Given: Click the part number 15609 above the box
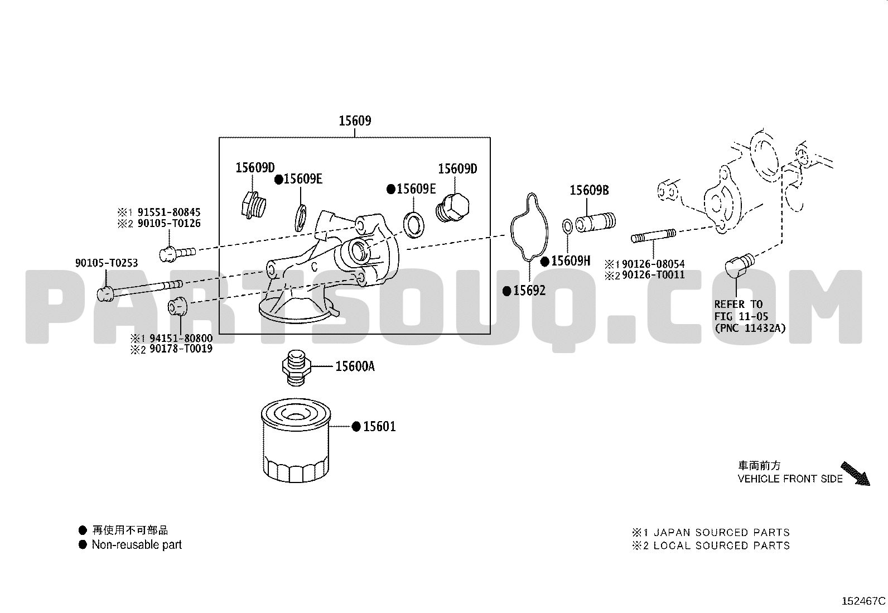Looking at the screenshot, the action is [355, 120].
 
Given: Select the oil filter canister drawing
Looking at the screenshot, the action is [296, 440].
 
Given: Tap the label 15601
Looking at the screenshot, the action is [379, 426].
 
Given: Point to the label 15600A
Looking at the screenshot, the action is [355, 366].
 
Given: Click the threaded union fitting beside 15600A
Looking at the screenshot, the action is [297, 368].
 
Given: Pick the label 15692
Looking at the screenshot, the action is [529, 291].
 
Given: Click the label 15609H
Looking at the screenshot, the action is [571, 260].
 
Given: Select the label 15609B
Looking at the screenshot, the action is [589, 190].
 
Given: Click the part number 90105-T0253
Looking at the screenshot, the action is [107, 263].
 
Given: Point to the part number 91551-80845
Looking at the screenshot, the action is [169, 212].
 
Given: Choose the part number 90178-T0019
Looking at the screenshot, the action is [181, 349].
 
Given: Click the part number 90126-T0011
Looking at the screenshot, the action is [653, 275].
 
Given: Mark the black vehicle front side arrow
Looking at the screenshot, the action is [856, 474].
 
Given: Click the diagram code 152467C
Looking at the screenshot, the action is [863, 601].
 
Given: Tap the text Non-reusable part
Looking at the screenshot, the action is [137, 545].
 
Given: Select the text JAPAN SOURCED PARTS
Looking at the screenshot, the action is [722, 533].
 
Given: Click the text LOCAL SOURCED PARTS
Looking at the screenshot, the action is [722, 546].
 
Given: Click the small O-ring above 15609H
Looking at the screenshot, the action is [567, 226].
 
